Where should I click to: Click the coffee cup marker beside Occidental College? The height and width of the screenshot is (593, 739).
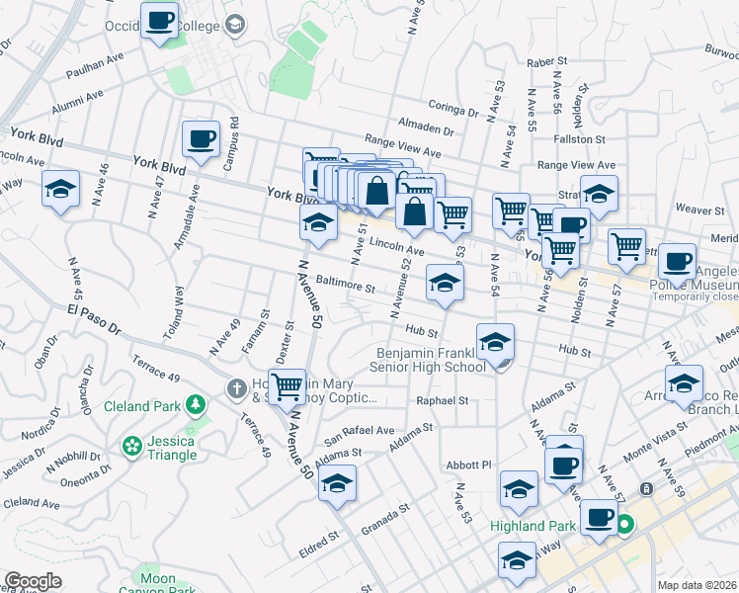point(159,20)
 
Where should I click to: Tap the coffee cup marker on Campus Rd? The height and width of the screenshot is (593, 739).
point(202,138)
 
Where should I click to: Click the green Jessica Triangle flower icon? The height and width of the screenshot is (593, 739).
point(130,447)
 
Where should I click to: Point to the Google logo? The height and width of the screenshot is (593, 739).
point(33,581)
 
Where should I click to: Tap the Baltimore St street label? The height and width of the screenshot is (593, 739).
point(343,287)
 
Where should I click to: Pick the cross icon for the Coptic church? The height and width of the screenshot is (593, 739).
point(237,388)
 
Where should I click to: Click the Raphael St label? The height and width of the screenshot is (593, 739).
point(442,401)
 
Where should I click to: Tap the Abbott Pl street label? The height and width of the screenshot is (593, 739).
point(468,464)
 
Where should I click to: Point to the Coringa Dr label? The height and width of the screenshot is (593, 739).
point(453,106)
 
